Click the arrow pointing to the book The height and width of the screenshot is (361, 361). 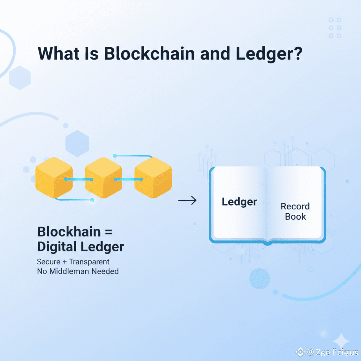tap(187, 201)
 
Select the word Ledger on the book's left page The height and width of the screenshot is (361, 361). tap(239, 202)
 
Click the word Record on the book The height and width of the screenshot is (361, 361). tap(295, 206)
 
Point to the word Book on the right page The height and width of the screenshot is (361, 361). tap(295, 216)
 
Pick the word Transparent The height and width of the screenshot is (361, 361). tap(89, 262)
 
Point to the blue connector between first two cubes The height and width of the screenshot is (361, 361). tap(79, 179)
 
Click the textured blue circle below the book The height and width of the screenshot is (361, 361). tap(259, 279)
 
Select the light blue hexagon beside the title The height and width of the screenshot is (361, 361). tap(20, 78)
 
